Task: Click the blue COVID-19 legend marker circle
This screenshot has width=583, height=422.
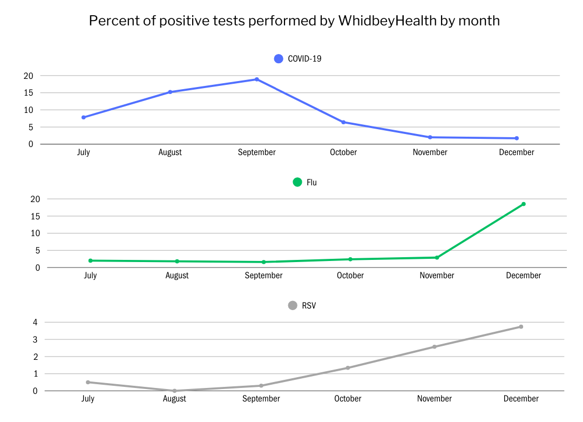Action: tap(279, 59)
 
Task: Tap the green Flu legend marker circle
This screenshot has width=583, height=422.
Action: tap(297, 182)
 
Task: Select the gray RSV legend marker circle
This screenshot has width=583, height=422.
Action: tap(293, 305)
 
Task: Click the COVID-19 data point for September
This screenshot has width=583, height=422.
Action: tap(257, 79)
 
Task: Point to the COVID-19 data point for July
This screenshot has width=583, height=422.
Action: tap(84, 117)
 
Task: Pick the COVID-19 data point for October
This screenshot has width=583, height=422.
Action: tap(343, 122)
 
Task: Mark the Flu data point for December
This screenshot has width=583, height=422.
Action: tap(524, 204)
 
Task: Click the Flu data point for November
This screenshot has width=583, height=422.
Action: tap(437, 257)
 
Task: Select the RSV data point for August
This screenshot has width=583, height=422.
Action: tap(174, 391)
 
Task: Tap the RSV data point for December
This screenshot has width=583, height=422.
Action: tap(521, 326)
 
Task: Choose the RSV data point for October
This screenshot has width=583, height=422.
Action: tap(348, 368)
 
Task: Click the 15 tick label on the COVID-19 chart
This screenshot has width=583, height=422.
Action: tap(29, 93)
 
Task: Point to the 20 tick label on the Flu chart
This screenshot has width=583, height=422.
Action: tap(35, 199)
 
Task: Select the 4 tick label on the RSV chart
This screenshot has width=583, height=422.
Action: tap(35, 323)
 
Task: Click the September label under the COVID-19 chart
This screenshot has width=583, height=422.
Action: tap(257, 152)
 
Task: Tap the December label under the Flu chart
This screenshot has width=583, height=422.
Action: tap(523, 276)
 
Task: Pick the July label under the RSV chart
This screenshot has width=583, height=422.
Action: tap(87, 399)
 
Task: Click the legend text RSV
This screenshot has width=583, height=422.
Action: tap(309, 306)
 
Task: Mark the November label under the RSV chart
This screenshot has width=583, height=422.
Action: tap(434, 399)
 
